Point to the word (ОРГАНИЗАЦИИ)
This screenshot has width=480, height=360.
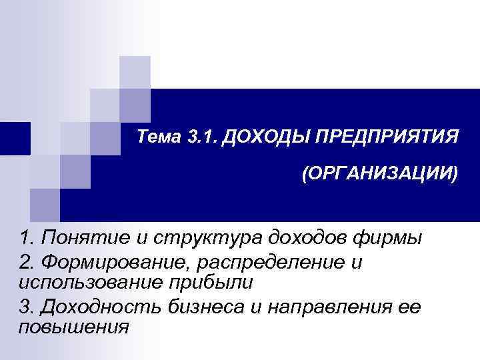(x=379, y=175)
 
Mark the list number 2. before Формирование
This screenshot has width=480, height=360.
(x=27, y=262)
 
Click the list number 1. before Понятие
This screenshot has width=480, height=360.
(x=27, y=237)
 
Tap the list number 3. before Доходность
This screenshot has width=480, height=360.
(x=27, y=306)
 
